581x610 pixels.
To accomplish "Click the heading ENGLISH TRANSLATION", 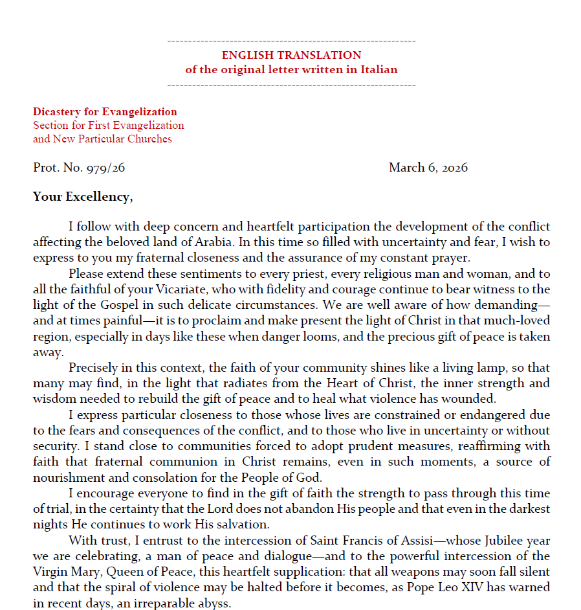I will click(x=291, y=55).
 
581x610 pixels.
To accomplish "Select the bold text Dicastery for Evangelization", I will click(x=105, y=111).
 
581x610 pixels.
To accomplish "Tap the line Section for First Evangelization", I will click(x=109, y=125).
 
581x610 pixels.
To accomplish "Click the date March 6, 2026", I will click(x=428, y=168).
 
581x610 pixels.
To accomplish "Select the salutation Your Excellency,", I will click(x=83, y=196).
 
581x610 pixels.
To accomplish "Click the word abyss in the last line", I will click(x=216, y=602).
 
